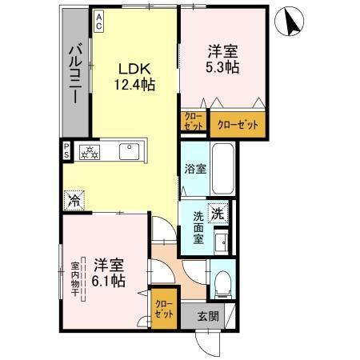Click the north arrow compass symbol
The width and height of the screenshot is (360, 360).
[x=288, y=25]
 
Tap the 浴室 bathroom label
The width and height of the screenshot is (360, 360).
[x=194, y=170]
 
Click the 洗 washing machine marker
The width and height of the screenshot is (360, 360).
[x=217, y=214]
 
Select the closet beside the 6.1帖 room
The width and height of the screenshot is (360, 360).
[x=164, y=308]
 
